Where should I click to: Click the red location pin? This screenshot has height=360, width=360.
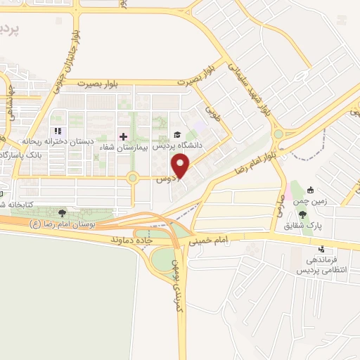coord(181,167)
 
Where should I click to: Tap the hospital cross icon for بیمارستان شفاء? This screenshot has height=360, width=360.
coord(123,136)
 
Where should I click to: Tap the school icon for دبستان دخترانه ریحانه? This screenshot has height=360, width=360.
coord(58,131)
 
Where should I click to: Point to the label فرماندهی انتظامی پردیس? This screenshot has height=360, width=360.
coord(321,265)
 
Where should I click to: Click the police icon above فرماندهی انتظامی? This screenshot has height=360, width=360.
coord(322,248)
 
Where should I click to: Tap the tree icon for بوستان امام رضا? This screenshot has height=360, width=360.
coord(63,212)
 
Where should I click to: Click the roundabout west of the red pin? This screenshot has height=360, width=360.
coord(131,179)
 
